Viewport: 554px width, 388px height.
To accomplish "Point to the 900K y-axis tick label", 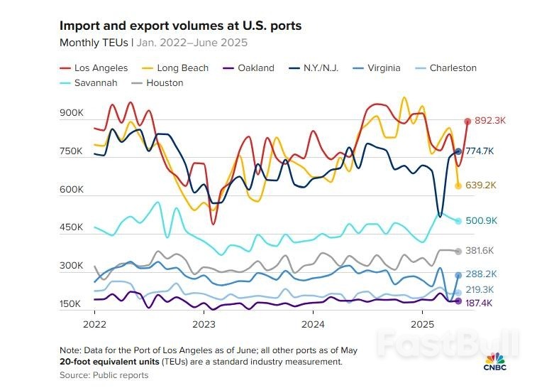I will coord(72,114).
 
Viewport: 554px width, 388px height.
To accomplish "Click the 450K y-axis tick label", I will coord(72,228).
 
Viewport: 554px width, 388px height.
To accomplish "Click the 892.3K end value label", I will coord(490,122).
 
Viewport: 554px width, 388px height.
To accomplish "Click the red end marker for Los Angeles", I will coord(467,122).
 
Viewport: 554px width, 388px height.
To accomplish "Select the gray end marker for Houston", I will coord(458,252).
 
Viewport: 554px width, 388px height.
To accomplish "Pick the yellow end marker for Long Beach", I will coord(458,185).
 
